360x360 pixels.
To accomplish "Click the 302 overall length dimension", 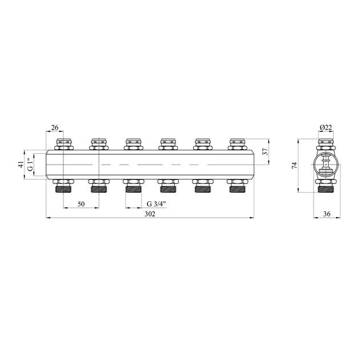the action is click(150, 214).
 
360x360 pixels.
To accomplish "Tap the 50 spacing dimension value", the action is click(81, 204).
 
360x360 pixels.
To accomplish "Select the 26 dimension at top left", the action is click(55, 127).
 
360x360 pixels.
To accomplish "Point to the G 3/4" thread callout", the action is click(156, 203).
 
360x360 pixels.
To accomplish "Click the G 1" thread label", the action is click(30, 165).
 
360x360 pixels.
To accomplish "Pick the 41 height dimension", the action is click(21, 165).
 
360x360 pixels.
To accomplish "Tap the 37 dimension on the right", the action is click(265, 151).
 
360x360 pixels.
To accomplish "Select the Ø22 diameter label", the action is click(326, 127).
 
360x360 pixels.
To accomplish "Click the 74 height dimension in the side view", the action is click(294, 165).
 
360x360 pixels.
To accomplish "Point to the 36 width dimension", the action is click(327, 214).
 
